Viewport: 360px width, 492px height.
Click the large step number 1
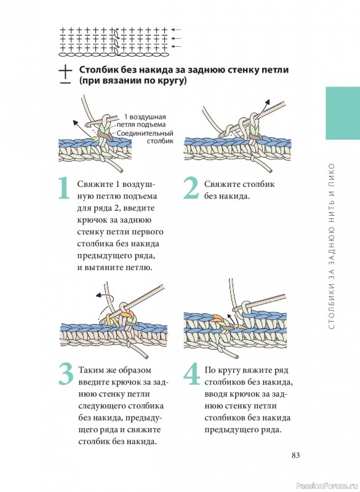tap(65, 188)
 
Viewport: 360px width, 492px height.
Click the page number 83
tap(295, 455)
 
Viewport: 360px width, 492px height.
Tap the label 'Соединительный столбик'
tap(145, 137)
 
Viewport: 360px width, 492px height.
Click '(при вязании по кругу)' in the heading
tap(133, 81)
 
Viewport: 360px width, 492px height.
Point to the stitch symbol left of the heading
tap(65, 74)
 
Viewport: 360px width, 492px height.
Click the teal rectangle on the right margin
tap(343, 113)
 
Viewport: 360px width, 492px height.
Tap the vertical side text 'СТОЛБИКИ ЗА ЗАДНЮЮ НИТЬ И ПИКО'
tap(332, 246)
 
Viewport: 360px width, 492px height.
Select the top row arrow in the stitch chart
tap(177, 30)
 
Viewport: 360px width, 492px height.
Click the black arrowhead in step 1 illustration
tap(75, 122)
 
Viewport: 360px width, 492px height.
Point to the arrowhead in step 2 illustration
tap(268, 101)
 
